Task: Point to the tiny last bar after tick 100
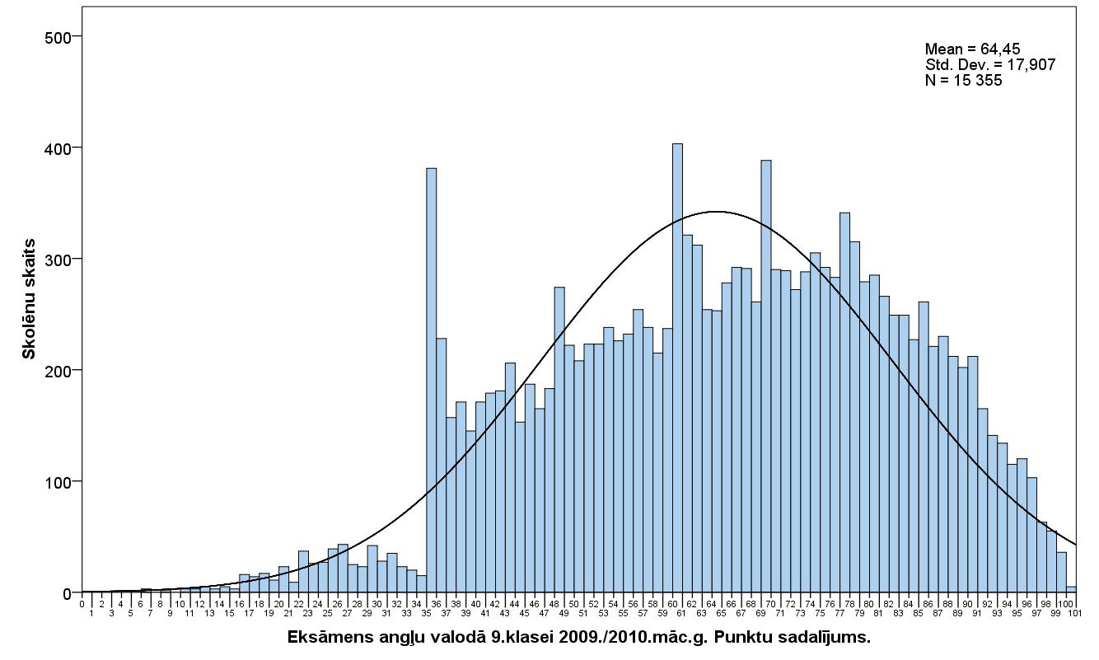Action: pos(1071,589)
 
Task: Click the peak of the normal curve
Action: pos(717,212)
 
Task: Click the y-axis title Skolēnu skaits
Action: pos(29,298)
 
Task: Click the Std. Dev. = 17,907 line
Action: pos(989,65)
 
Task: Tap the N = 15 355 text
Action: pos(963,81)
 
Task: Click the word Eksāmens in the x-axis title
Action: pos(323,638)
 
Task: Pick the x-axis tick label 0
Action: pos(82,603)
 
